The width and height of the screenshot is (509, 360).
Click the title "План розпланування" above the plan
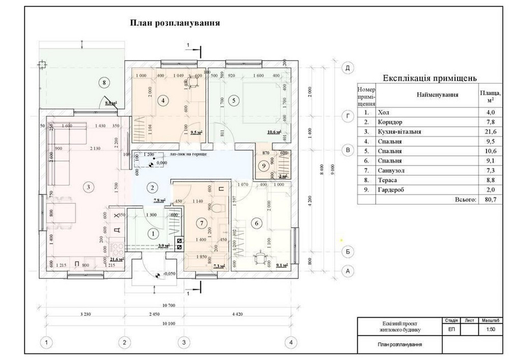coord(175,23)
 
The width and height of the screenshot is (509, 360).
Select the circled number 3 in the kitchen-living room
coord(89,187)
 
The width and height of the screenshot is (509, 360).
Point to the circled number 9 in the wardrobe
coord(263,165)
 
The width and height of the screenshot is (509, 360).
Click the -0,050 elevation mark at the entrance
coord(169,273)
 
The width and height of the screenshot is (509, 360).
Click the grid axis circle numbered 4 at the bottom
coord(290,342)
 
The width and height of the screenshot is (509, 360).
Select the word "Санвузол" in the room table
coord(392,171)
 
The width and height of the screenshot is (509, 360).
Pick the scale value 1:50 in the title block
coord(491,329)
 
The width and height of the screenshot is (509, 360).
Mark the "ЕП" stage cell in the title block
coord(451,329)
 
